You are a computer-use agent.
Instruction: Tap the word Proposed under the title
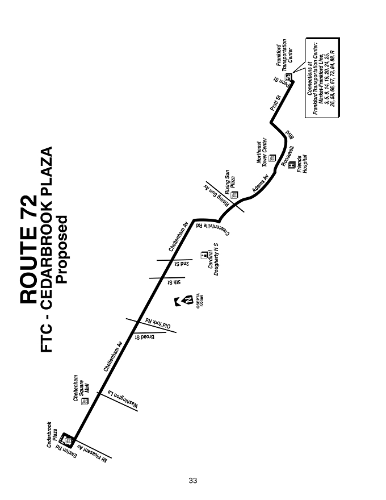61,249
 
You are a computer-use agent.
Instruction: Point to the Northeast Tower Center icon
272,158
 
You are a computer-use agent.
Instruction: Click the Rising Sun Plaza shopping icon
234,195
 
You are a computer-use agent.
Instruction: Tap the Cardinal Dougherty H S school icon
203,256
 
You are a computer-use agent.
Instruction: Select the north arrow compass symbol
184,301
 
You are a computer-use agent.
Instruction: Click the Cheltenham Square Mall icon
85,401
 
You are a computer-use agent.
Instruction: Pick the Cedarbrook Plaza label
52,434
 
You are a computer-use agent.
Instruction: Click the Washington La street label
123,399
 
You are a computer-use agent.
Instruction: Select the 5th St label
174,282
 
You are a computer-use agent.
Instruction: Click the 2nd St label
182,264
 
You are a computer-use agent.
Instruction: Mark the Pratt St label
275,103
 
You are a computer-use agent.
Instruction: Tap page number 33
192,481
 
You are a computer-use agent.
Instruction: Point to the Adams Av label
260,183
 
